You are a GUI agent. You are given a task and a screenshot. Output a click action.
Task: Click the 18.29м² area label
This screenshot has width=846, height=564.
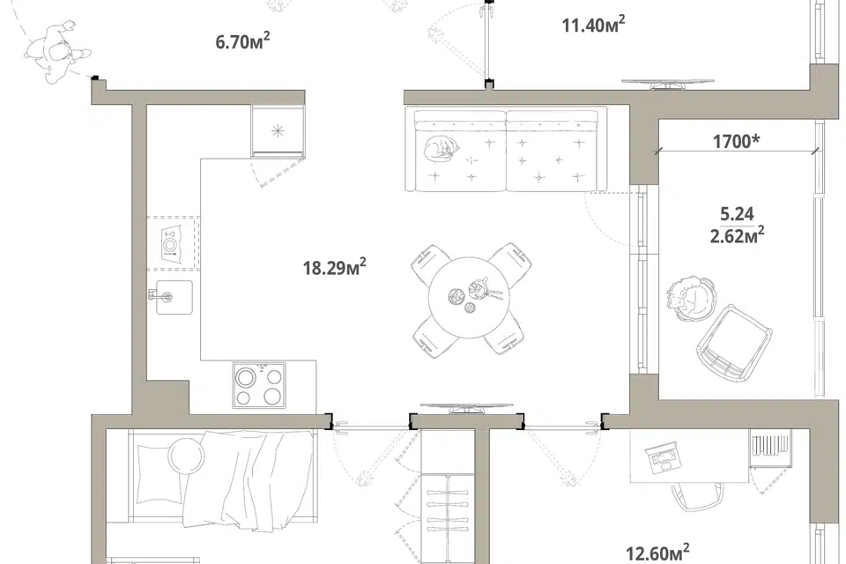[x=335, y=267]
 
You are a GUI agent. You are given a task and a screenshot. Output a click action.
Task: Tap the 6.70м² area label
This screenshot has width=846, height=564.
[x=243, y=41]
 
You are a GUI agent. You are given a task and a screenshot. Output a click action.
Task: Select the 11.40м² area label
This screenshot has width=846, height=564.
[x=593, y=25]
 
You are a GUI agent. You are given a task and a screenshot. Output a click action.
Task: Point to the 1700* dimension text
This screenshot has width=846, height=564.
[x=737, y=141]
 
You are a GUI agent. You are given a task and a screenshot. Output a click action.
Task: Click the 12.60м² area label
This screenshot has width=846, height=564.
[x=657, y=553]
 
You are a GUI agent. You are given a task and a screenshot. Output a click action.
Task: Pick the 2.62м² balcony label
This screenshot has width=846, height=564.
[x=737, y=235]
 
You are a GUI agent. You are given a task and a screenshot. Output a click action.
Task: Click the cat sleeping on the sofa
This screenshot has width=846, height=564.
[x=441, y=147]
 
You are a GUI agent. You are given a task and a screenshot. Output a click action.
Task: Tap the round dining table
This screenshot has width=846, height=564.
[x=469, y=297]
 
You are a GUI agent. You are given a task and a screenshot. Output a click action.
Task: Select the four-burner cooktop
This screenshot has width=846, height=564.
[x=259, y=384]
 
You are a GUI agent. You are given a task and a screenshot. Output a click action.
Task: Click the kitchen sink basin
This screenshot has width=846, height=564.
[x=174, y=297]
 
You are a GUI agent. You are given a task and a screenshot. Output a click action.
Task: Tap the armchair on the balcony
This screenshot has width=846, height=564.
[x=734, y=344]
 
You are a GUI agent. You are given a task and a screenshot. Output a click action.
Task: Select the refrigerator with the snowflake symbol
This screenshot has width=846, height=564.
[x=278, y=130]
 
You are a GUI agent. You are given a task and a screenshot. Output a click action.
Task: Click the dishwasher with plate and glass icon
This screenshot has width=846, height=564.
[x=173, y=243]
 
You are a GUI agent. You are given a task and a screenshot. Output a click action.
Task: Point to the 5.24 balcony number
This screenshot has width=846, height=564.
[x=737, y=214]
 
